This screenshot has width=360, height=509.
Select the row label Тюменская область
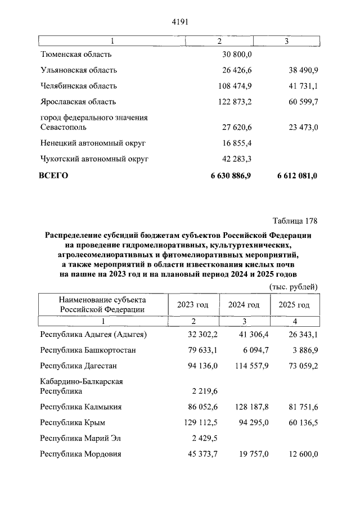pyautogui.click(x=76, y=54)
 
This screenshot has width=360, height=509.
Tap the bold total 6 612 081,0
pyautogui.click(x=297, y=175)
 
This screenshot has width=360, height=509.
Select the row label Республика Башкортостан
pyautogui.click(x=88, y=350)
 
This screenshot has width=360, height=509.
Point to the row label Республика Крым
pyautogui.click(x=73, y=422)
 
